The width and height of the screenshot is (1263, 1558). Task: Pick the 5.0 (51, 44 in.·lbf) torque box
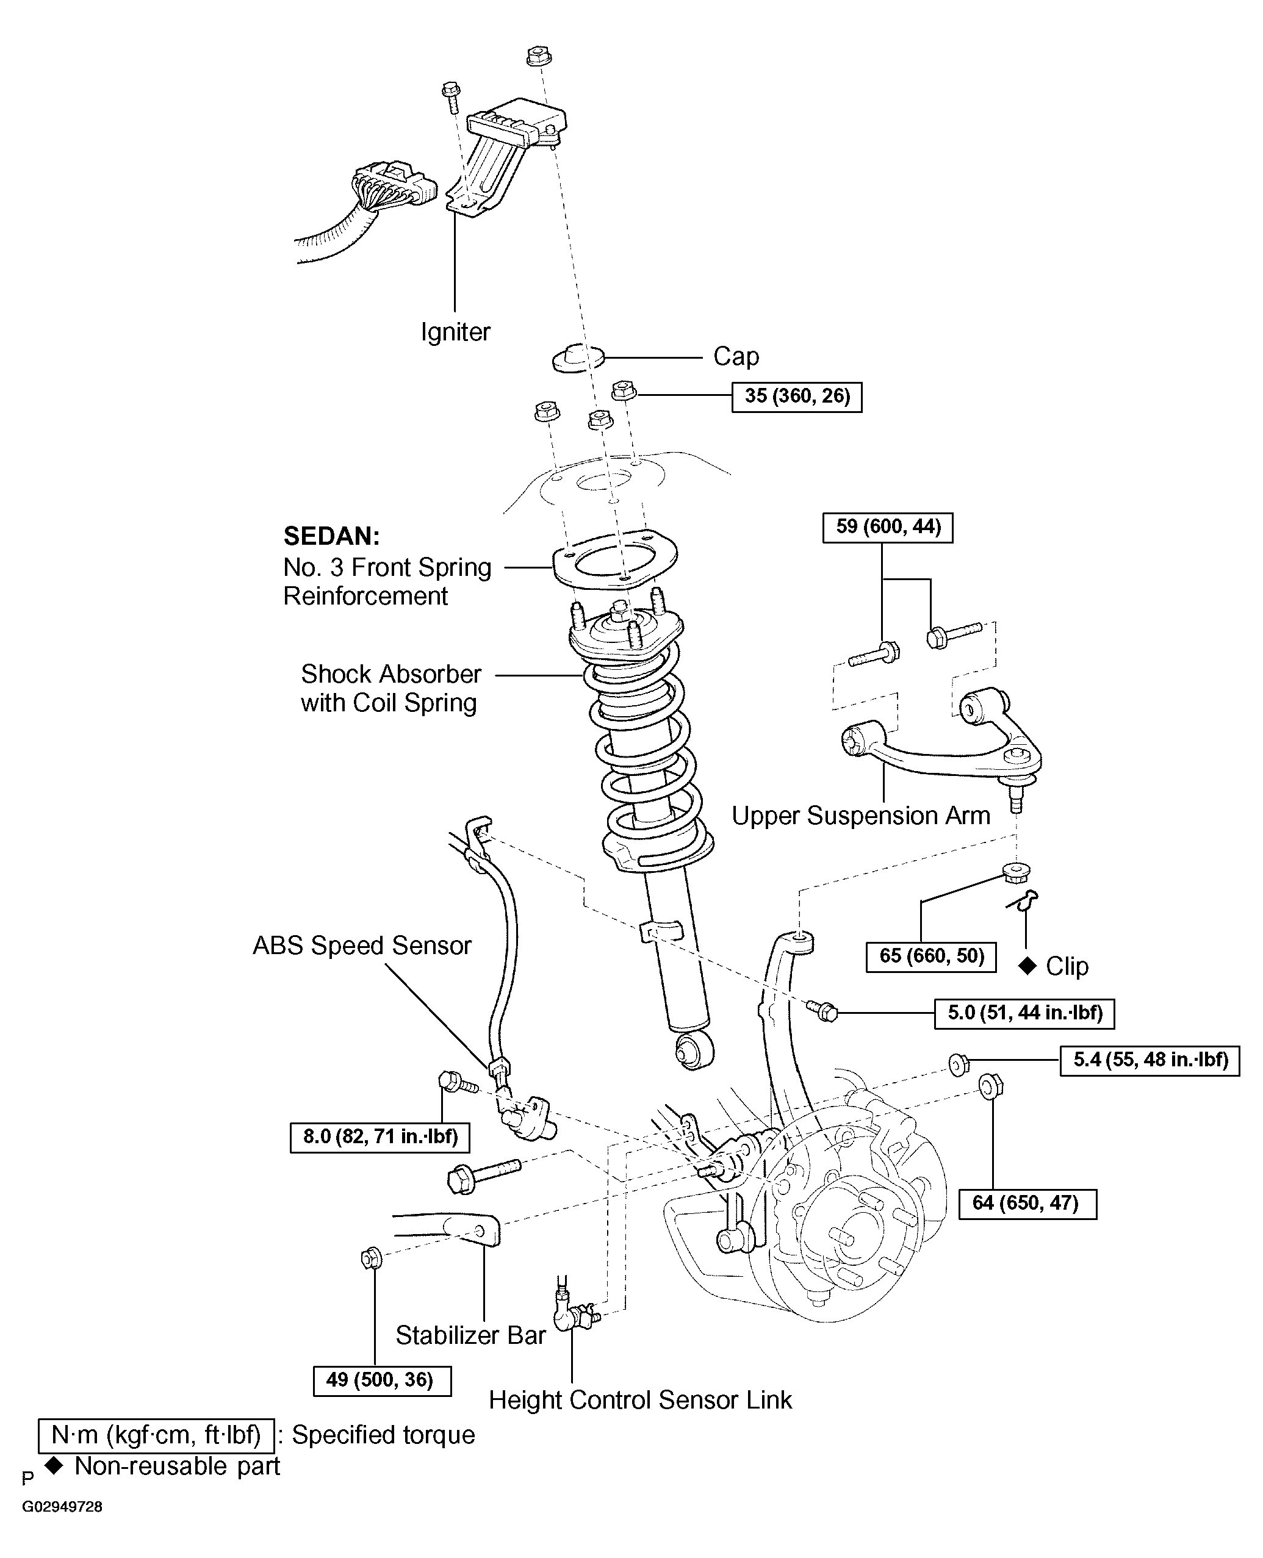[1024, 1013]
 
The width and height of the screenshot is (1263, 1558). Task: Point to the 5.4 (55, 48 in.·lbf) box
[1150, 1060]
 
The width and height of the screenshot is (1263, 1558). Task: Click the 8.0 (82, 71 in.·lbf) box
[380, 1137]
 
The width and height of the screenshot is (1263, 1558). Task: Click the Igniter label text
[455, 332]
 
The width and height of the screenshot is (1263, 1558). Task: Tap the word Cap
[736, 356]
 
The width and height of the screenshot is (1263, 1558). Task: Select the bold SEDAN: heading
[331, 536]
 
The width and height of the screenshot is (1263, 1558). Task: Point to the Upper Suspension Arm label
[861, 816]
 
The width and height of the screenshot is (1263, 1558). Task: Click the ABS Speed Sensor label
[362, 946]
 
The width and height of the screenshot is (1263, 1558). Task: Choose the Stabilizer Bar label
[470, 1335]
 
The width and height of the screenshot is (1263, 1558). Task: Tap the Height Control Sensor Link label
[640, 1400]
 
